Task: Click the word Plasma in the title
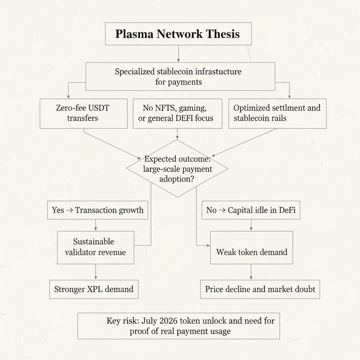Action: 134,34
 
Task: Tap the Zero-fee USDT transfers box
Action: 83,113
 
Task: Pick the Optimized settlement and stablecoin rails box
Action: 277,113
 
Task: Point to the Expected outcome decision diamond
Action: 177,168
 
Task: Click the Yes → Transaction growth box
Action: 98,210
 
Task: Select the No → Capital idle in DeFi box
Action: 251,210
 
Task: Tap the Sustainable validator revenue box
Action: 95,247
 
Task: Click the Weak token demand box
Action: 251,252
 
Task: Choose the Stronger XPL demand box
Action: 94,289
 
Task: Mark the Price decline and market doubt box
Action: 260,289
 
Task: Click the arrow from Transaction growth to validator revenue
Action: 96,225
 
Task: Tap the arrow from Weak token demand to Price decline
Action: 251,272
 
